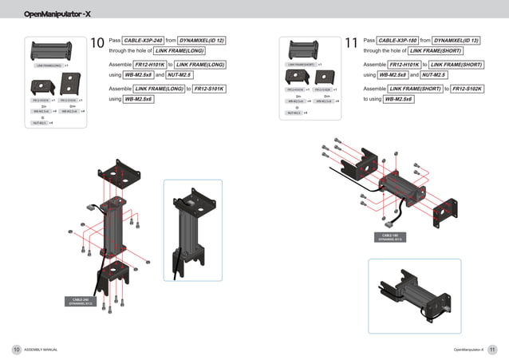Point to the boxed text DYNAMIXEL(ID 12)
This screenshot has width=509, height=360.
coord(202,40)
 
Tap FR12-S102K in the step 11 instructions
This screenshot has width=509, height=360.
coord(467,89)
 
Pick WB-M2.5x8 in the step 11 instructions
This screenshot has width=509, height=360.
coord(393,74)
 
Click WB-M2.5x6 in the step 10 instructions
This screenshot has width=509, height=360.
coord(138,99)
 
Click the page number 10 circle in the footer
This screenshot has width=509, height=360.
coord(16,349)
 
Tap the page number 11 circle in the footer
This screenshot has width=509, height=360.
coord(492,349)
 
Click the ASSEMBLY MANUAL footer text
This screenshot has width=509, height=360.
coord(41,350)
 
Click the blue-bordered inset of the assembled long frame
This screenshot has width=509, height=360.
coord(192,230)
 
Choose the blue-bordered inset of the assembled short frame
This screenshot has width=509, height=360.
coord(414,295)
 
